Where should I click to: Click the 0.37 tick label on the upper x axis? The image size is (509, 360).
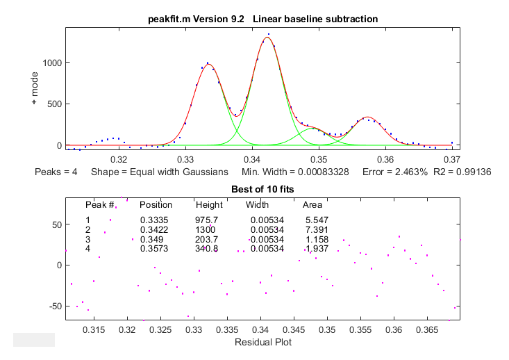[451, 158]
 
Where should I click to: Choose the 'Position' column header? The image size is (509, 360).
[156, 205]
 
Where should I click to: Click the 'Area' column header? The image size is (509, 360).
[312, 205]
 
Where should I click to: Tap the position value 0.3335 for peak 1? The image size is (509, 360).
[153, 220]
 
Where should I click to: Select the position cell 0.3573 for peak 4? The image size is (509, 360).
[153, 247]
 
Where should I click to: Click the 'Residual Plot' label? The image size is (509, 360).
[262, 342]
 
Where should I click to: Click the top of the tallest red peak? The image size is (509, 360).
[267, 38]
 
